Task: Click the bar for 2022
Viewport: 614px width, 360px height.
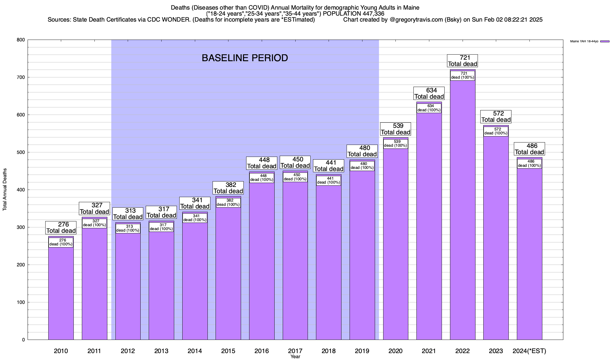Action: point(463,210)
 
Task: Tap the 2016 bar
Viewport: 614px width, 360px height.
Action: point(262,261)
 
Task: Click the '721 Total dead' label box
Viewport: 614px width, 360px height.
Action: point(462,61)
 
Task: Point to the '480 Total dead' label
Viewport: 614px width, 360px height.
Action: point(362,151)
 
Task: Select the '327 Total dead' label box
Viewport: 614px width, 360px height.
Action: point(94,208)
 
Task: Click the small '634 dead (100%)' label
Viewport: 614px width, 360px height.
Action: point(429,108)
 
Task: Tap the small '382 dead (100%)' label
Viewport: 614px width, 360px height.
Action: point(228,202)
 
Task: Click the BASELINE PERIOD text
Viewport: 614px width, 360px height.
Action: point(245,58)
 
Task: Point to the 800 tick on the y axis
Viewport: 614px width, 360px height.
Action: point(21,40)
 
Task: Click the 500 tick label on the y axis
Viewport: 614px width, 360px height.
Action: point(21,152)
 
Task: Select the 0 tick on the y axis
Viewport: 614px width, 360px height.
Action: point(23,340)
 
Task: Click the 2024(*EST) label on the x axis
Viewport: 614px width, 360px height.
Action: point(529,351)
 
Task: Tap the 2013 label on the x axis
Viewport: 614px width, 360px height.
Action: point(161,351)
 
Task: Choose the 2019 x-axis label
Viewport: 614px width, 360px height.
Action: point(362,351)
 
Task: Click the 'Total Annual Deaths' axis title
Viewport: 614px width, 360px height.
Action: point(5,189)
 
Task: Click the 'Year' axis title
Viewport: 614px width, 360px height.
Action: point(295,357)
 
